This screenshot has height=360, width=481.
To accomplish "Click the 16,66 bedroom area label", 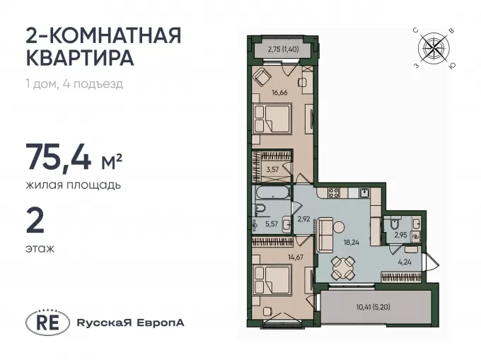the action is tap(279, 93).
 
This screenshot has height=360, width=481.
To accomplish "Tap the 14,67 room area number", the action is tap(296, 257).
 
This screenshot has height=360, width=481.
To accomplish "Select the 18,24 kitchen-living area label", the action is tap(352, 243).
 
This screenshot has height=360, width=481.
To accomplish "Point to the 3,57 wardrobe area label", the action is tap(272, 169).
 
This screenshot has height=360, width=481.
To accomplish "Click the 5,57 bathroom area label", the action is tap(272, 223).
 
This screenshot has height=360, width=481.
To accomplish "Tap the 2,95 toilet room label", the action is tap(400, 236).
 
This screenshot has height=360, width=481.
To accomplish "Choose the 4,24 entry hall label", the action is tap(405, 262).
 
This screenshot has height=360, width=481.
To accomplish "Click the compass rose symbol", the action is tap(434, 47).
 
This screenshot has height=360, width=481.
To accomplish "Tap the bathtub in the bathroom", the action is tap(273, 193).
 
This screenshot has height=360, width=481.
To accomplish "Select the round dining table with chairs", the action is tap(342, 267).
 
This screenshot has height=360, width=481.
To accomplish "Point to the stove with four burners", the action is tap(334, 192).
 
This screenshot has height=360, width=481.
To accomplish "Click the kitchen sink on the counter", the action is tap(364, 192).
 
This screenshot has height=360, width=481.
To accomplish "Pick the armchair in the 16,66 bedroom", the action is tap(262, 77).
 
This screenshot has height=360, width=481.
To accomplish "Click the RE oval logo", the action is tap(47, 323).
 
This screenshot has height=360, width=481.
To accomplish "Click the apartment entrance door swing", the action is tap(431, 262).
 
